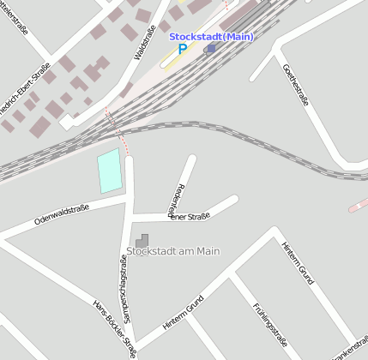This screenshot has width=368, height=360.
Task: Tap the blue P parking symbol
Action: tap(182, 50)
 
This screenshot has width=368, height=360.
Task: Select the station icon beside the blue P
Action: tap(210, 49)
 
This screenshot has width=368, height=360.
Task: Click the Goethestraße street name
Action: tap(297, 82)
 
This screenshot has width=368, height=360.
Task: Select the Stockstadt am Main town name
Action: tap(168, 251)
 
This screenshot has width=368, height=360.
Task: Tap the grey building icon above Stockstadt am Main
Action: tap(142, 239)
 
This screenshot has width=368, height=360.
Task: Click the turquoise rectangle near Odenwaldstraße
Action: tap(109, 171)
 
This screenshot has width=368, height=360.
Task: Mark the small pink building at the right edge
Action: tap(358, 205)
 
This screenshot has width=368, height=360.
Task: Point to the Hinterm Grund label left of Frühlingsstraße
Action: tap(182, 315)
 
